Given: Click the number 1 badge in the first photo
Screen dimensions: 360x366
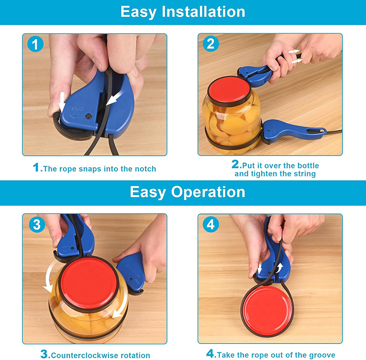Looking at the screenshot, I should [x=34, y=45].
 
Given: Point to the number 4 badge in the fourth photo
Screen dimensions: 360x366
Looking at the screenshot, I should [x=210, y=225].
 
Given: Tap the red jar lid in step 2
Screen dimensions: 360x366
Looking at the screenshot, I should [x=228, y=91].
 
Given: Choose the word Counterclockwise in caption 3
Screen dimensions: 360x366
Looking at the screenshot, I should [x=82, y=355].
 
